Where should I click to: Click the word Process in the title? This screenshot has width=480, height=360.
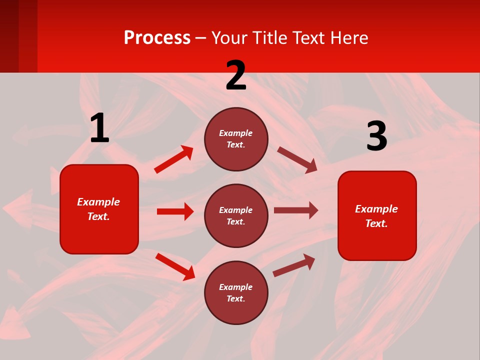pyautogui.click(x=157, y=38)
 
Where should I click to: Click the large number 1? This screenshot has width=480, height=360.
pyautogui.click(x=99, y=128)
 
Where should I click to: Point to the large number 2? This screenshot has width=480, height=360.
pyautogui.click(x=236, y=75)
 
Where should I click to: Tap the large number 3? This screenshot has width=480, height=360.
pyautogui.click(x=376, y=136)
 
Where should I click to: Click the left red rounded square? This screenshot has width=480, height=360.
pyautogui.click(x=99, y=209)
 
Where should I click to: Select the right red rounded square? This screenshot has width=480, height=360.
pyautogui.click(x=377, y=215)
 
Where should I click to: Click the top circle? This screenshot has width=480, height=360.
pyautogui.click(x=236, y=139)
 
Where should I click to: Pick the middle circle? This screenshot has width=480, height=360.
pyautogui.click(x=236, y=215)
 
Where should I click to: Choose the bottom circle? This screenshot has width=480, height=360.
pyautogui.click(x=236, y=292)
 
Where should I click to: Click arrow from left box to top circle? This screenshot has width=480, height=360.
pyautogui.click(x=174, y=159)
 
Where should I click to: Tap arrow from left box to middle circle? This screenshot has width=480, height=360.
pyautogui.click(x=175, y=211)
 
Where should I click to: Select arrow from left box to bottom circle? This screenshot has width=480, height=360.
pyautogui.click(x=175, y=266)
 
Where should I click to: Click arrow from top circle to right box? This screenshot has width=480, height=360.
pyautogui.click(x=297, y=160)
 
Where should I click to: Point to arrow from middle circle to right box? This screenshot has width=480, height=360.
pyautogui.click(x=296, y=210)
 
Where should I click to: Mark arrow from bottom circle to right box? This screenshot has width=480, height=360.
pyautogui.click(x=294, y=265)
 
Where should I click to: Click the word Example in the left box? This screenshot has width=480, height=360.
pyautogui.click(x=98, y=202)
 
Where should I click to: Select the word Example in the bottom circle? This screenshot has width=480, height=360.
pyautogui.click(x=236, y=287)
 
